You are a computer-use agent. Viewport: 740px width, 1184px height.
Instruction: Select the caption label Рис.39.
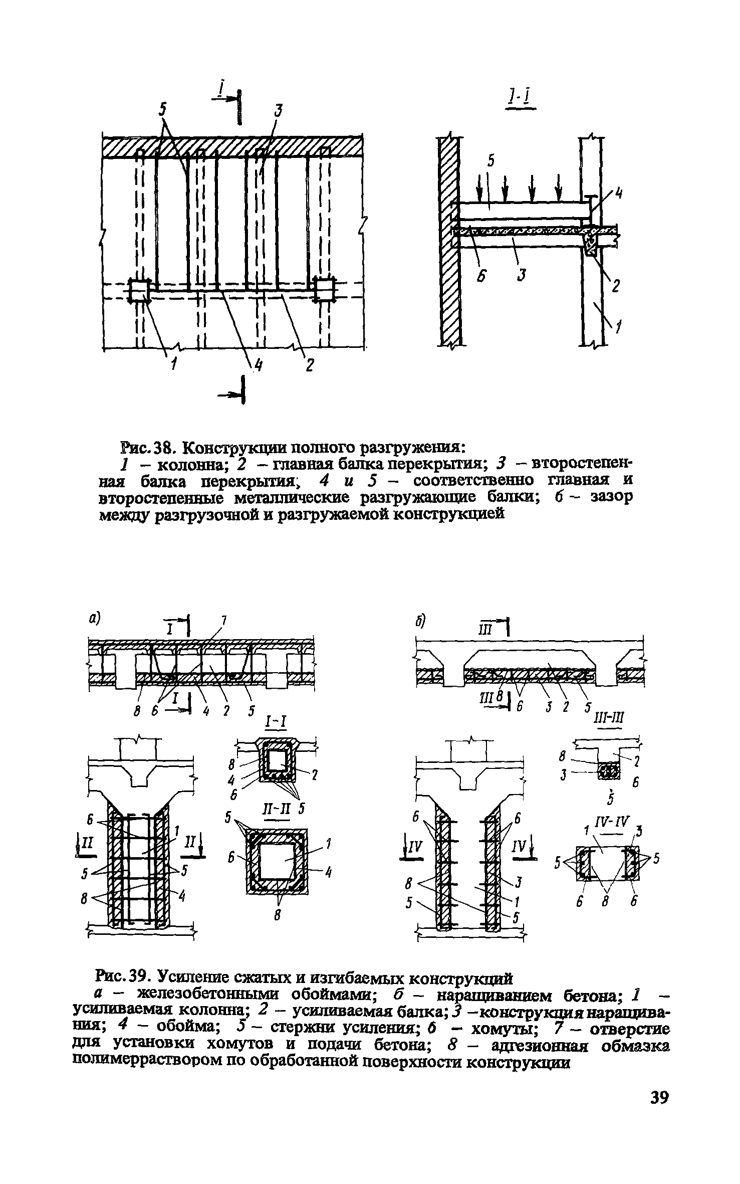click(124, 976)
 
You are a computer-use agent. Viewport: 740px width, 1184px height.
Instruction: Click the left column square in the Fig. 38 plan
click(139, 290)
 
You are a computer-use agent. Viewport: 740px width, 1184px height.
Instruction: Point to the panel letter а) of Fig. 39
click(93, 619)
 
